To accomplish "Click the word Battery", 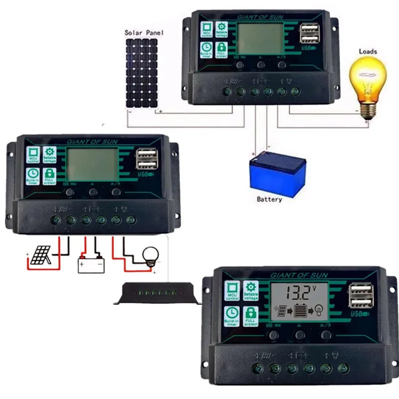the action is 269,199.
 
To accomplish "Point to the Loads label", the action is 368,51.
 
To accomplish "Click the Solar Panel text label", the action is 144,33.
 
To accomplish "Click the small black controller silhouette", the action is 157,293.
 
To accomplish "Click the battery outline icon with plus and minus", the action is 90,263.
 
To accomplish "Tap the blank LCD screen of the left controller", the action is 92,164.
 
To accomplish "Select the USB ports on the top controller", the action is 308,34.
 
